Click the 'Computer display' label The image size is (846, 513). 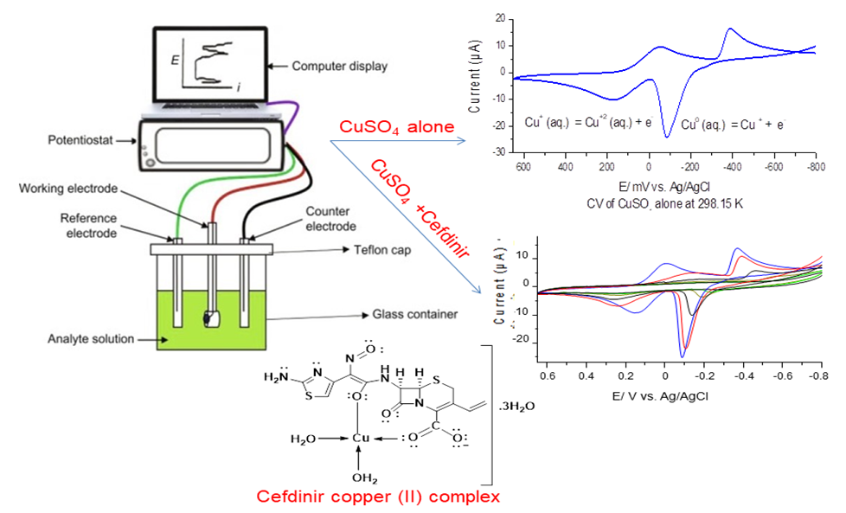pyautogui.click(x=340, y=65)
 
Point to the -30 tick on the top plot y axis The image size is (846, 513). pyautogui.click(x=501, y=152)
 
